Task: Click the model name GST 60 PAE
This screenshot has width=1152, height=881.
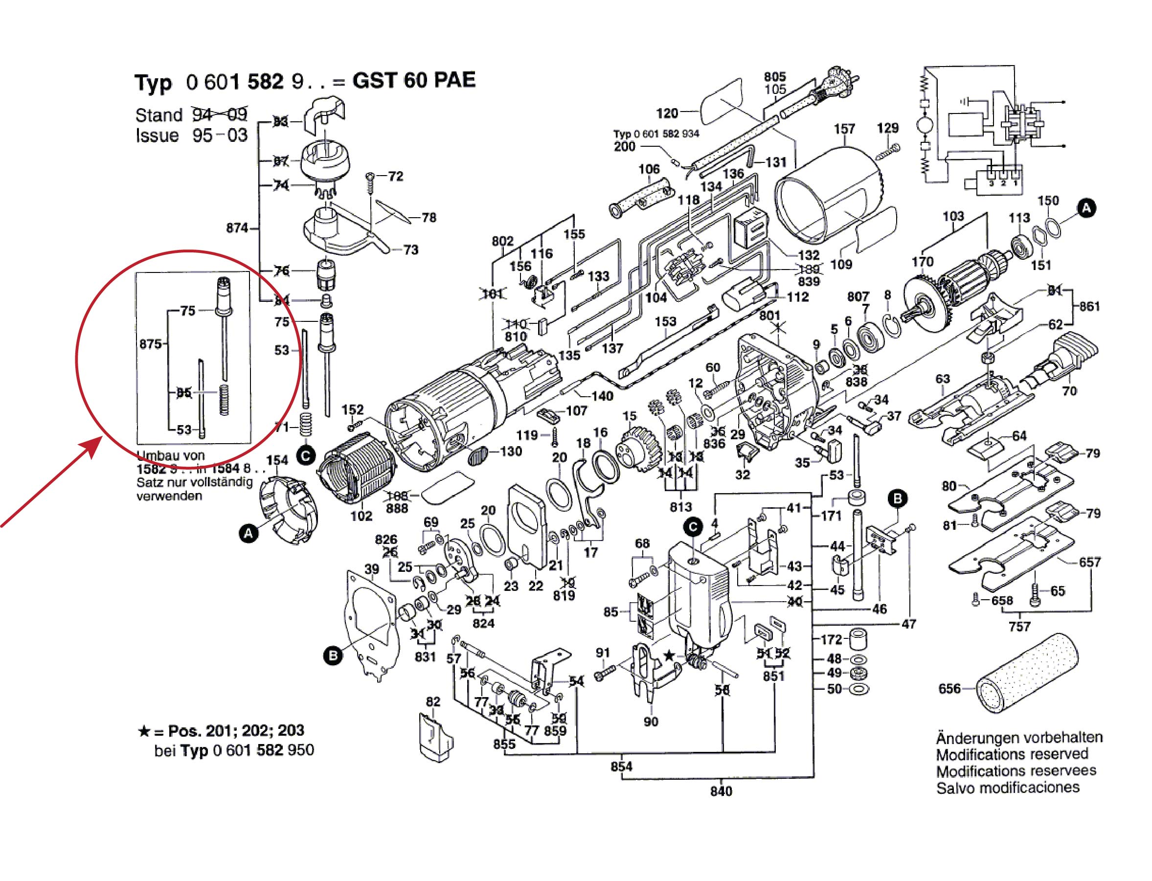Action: coord(414,80)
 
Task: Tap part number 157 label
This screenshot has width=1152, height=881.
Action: coord(845,129)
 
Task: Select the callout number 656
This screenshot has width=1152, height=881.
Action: coord(949,689)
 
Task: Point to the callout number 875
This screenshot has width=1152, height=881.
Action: coord(151,344)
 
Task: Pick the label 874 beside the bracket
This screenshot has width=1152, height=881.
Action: coord(237,228)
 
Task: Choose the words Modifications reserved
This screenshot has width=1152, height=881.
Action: coord(1012,754)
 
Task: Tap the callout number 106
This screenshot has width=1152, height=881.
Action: coord(649,169)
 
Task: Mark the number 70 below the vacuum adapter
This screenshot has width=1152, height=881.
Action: coord(1069,391)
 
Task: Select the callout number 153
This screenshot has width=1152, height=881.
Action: coord(665,321)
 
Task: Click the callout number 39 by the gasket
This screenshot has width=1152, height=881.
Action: coord(372,569)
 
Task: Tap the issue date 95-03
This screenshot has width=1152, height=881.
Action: coord(220,136)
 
